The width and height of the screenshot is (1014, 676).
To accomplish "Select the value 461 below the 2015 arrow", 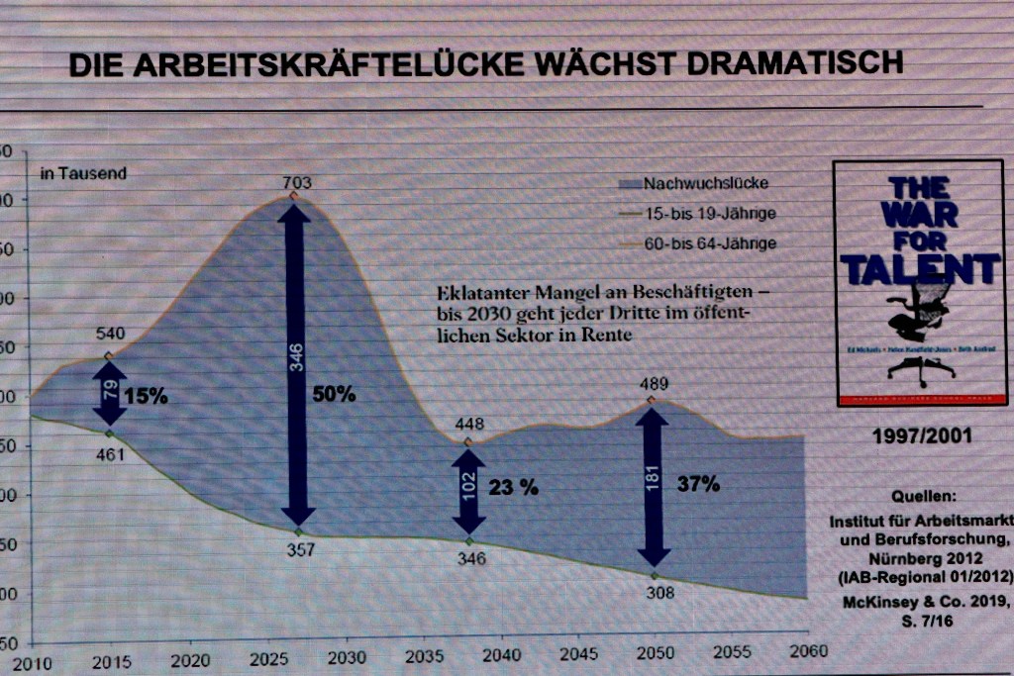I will coord(110,455).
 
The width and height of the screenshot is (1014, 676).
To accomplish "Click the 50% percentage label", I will coord(334,394).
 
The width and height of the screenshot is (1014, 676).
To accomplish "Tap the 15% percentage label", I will coord(147,396).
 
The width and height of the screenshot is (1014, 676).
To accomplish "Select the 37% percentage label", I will coord(698,484).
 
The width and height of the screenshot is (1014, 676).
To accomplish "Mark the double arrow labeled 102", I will coord(469,491).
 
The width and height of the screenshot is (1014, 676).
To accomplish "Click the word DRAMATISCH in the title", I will coord(794,64).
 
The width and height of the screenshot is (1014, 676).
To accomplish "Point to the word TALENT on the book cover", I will coord(920,269).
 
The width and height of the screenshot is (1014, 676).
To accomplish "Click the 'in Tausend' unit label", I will coord(83,173).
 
